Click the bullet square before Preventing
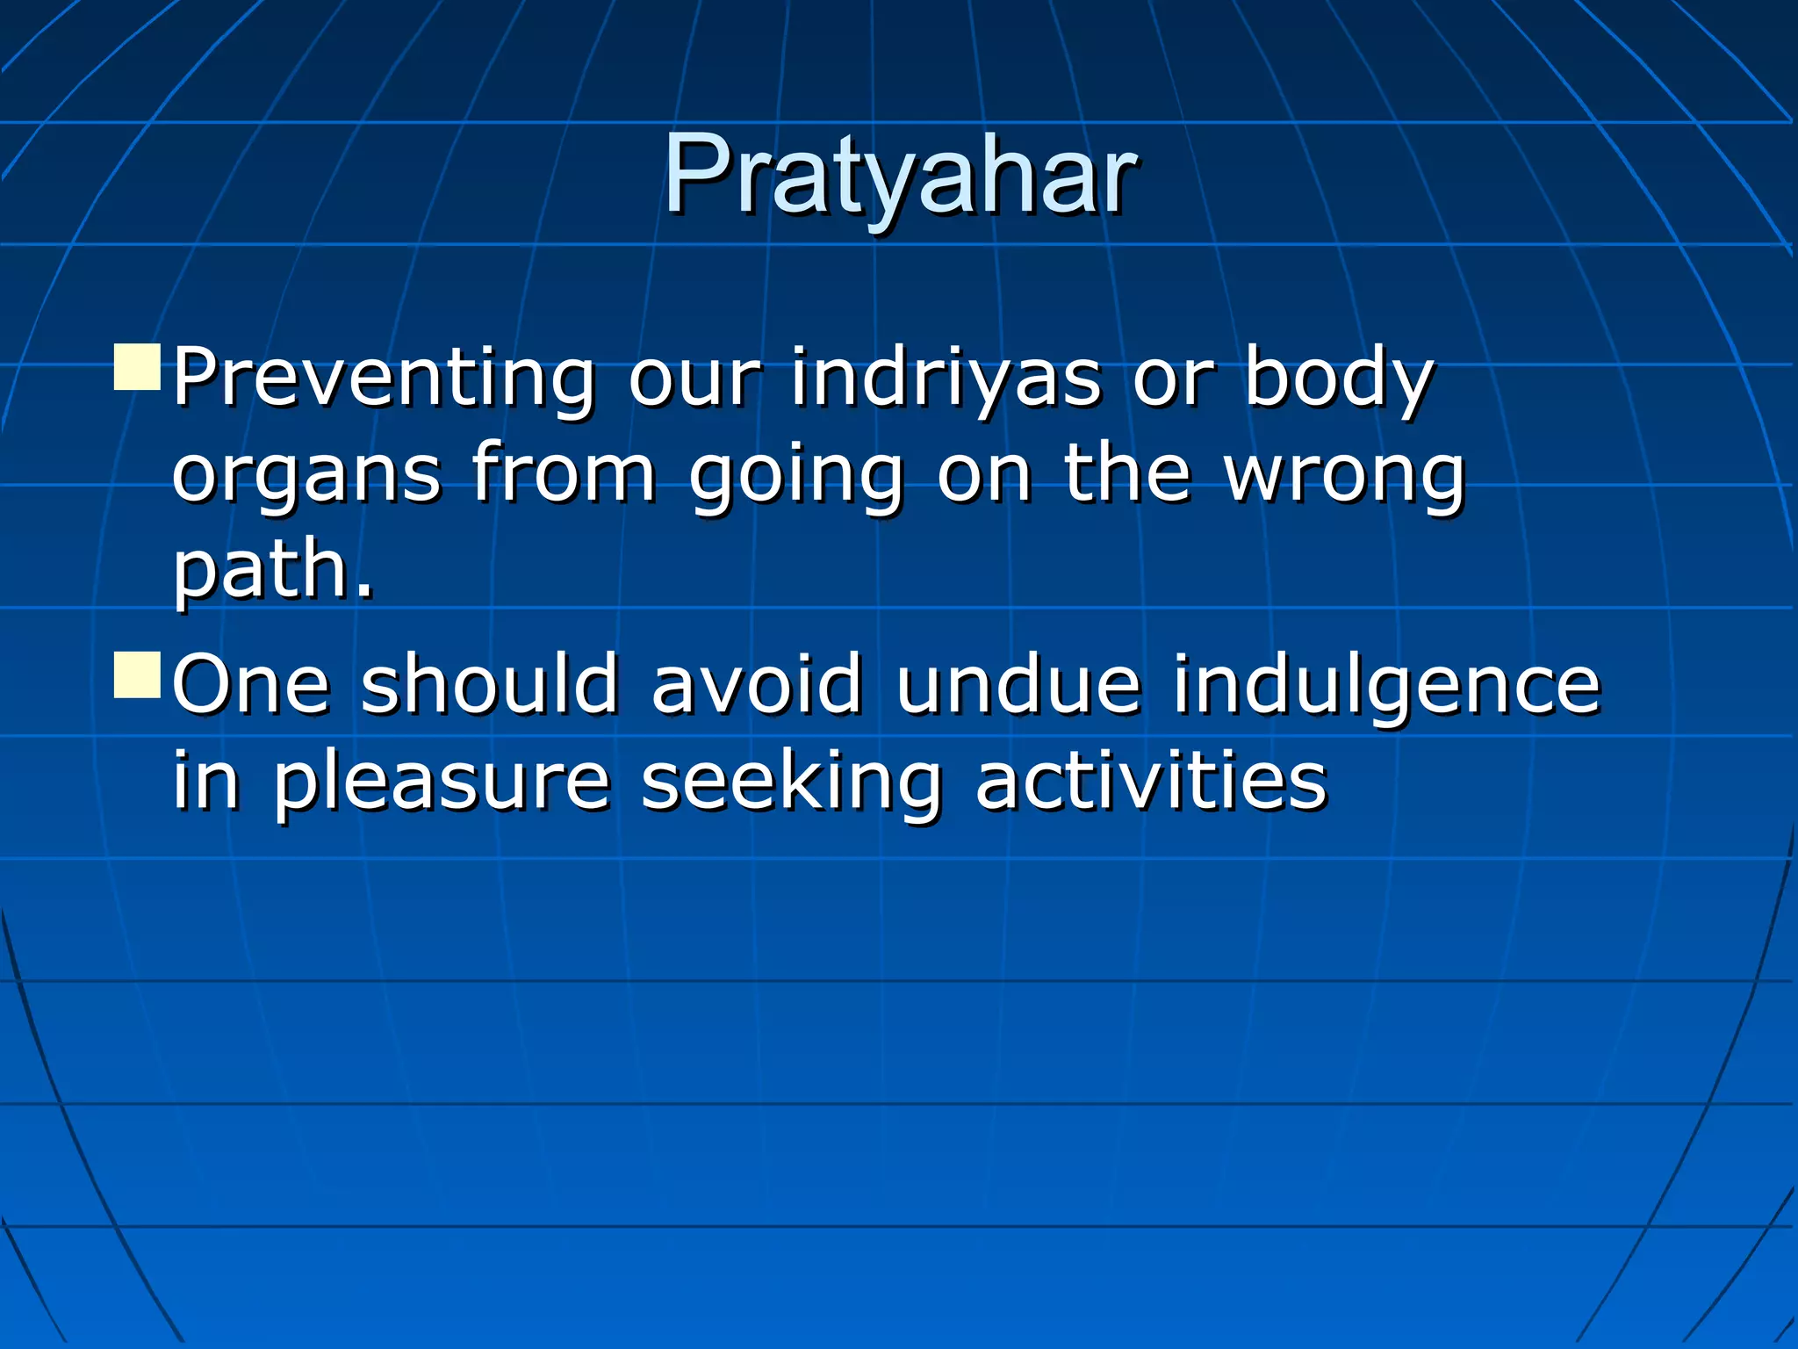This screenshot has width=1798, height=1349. click(138, 368)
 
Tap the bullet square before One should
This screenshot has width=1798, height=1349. click(138, 674)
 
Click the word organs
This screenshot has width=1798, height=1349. click(306, 475)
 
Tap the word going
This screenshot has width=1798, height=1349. click(795, 475)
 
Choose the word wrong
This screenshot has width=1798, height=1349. click(1344, 475)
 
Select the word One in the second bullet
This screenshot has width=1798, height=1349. click(251, 684)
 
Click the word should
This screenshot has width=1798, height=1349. click(490, 684)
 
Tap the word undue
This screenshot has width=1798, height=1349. click(1018, 684)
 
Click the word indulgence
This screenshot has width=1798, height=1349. click(1386, 684)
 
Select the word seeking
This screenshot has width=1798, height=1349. click(791, 782)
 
